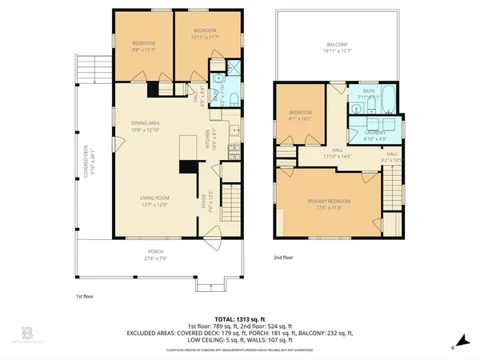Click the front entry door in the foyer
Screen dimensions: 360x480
[x=213, y=234]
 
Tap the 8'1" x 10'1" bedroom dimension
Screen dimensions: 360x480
[x=300, y=118]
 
